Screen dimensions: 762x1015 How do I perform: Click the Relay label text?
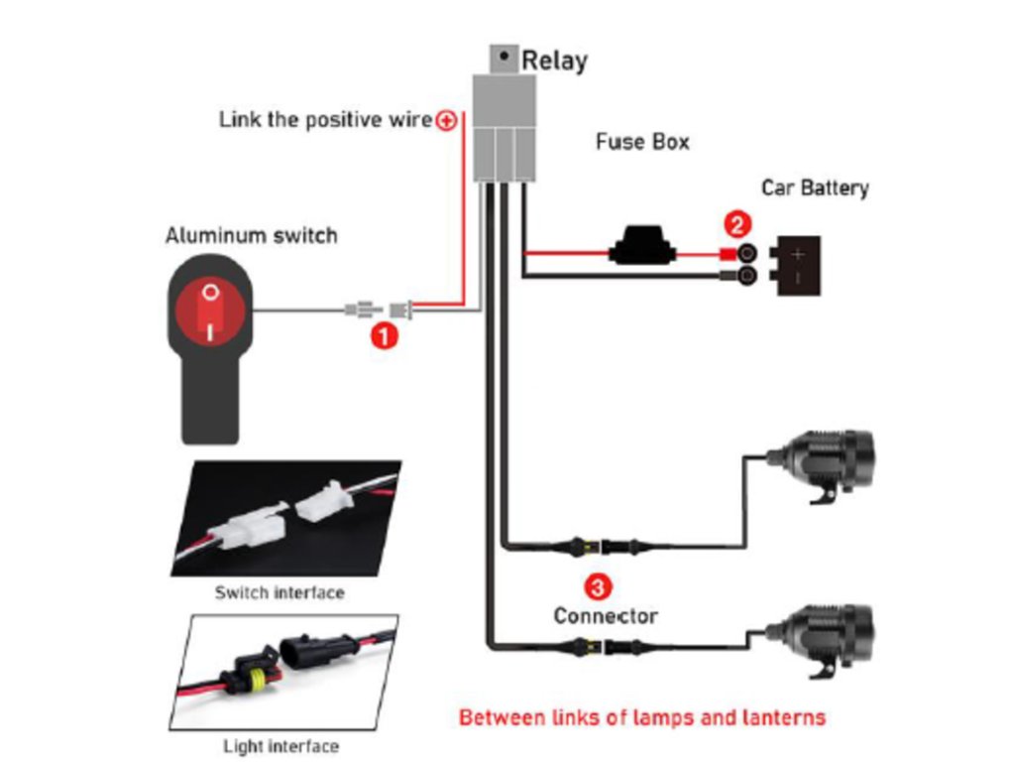tap(554, 61)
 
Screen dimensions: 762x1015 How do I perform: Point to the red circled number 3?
tap(597, 586)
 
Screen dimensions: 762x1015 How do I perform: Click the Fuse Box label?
tap(642, 142)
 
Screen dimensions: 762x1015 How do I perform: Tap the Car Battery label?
tap(815, 188)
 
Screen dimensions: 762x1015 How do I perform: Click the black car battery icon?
tap(799, 264)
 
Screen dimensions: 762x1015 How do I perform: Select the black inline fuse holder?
tap(647, 248)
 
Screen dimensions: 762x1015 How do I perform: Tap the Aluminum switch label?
tap(251, 236)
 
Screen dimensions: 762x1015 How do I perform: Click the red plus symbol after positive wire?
tap(447, 121)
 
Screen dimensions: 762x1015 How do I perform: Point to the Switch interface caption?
tap(280, 593)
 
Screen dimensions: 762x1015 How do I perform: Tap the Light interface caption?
tap(281, 746)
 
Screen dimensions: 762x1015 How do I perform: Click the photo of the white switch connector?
tap(286, 518)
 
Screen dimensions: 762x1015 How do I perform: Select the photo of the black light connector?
tap(286, 671)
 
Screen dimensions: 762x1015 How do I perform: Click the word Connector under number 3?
tap(605, 616)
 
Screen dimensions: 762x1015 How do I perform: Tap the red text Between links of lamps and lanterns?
tap(641, 716)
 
